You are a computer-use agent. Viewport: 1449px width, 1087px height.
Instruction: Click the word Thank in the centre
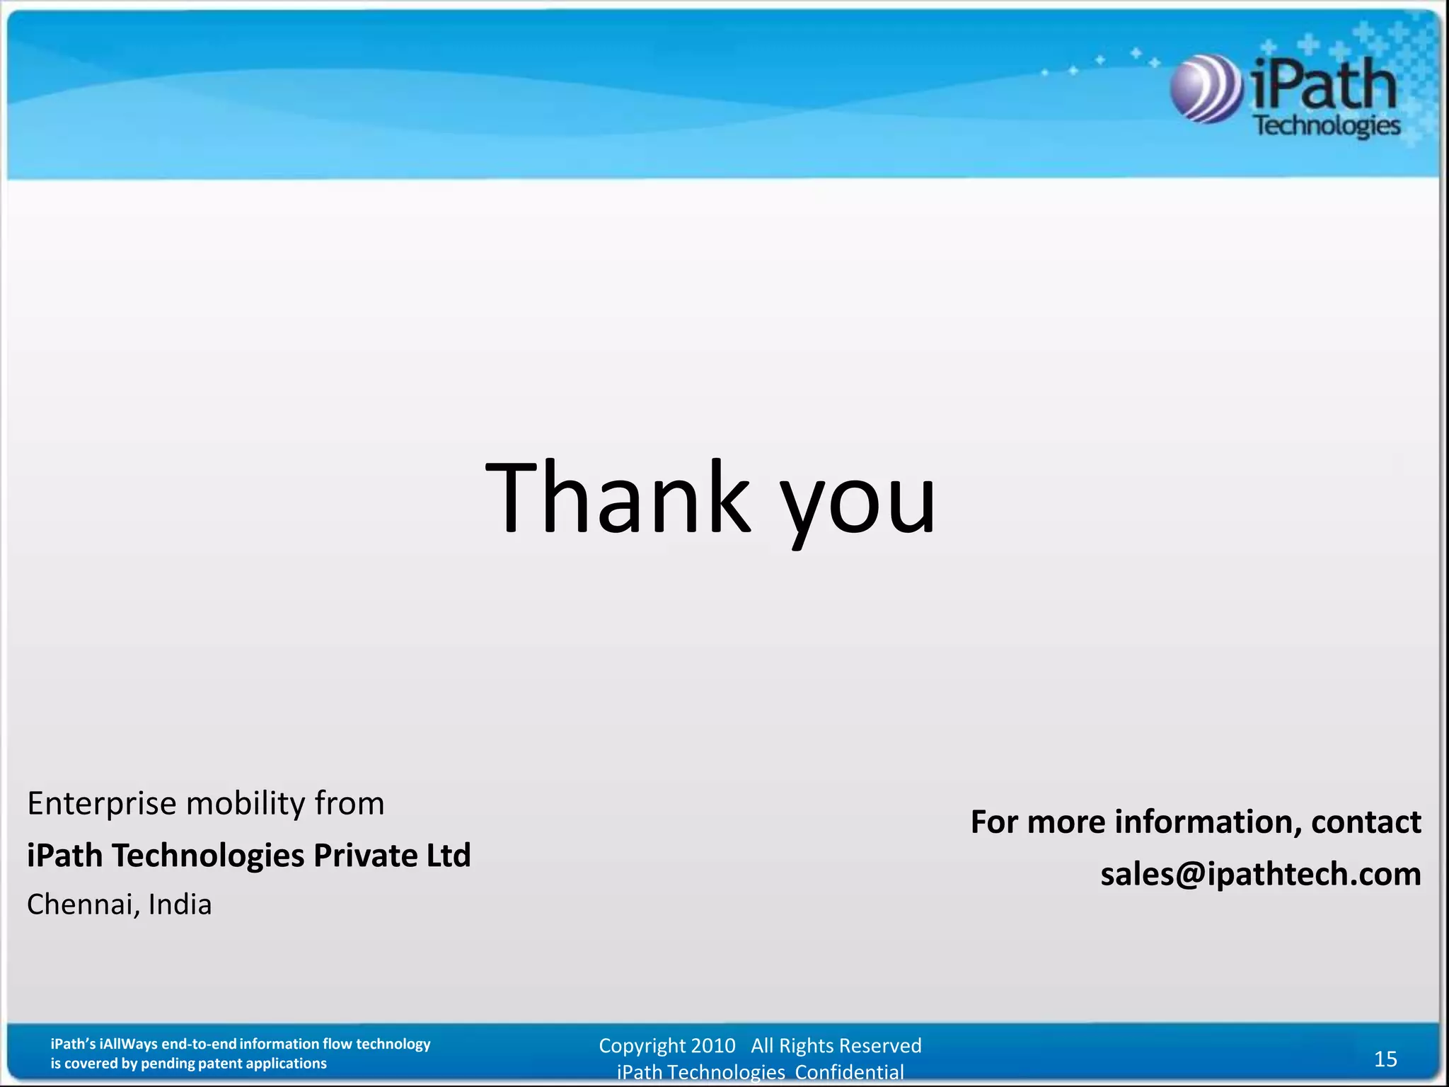(x=618, y=497)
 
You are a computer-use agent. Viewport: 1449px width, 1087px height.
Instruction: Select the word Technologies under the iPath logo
(x=1327, y=126)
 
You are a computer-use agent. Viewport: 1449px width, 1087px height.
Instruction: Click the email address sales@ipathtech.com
(x=1260, y=874)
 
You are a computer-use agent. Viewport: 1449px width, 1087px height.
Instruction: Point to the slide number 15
(x=1385, y=1059)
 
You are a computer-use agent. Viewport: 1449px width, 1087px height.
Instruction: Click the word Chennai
(x=82, y=905)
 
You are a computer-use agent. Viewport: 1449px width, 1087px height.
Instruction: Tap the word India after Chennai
(x=180, y=905)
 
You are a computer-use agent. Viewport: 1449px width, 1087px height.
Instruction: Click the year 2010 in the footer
(x=713, y=1046)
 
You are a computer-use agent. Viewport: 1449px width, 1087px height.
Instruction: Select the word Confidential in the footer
(x=849, y=1073)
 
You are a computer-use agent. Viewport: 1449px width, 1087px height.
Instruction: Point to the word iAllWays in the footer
(x=129, y=1044)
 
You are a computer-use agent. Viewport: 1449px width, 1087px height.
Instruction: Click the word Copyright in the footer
(x=642, y=1046)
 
